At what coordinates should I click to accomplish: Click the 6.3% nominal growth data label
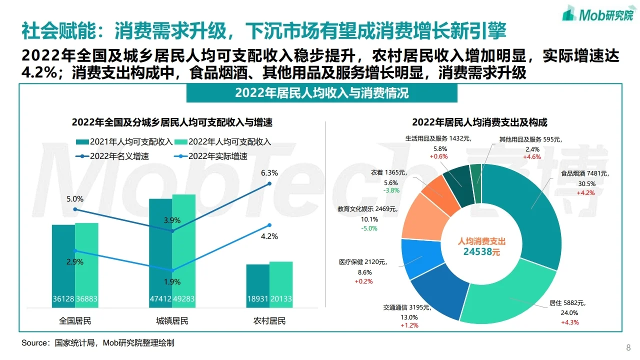coord(269,173)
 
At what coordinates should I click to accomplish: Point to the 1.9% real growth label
coord(172,281)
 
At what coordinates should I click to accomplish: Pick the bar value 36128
coord(63,299)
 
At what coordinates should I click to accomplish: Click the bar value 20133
coord(281,299)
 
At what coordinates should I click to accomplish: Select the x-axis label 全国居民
coord(75,320)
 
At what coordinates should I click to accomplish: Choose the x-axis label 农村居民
coord(269,320)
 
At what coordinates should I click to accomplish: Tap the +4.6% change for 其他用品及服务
coord(531,157)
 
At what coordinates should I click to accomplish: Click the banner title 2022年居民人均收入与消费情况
coord(321,93)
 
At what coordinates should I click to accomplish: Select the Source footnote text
coord(98,343)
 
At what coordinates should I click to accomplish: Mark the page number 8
coord(628,347)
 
